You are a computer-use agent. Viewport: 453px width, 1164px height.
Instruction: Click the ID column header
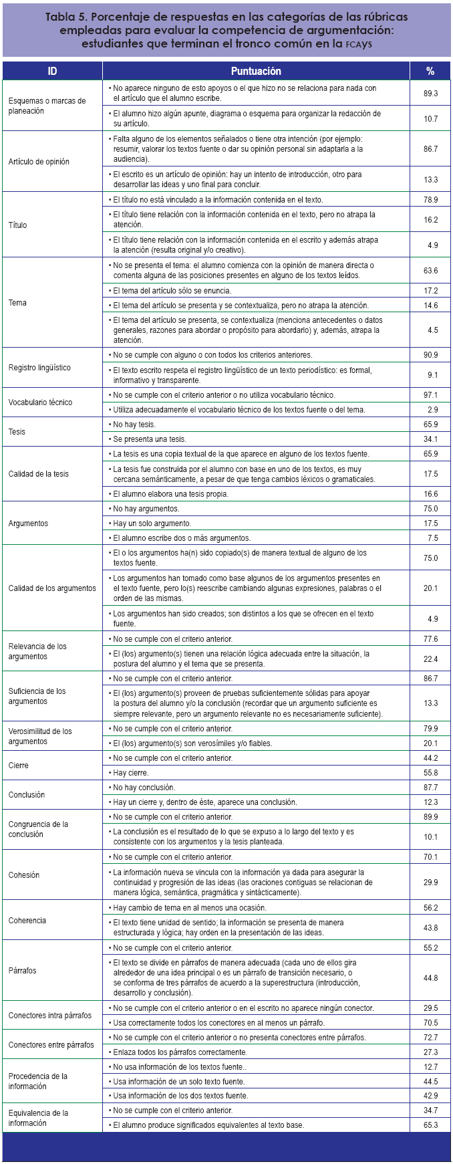pyautogui.click(x=52, y=71)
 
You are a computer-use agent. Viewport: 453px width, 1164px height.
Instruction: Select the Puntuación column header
pyautogui.click(x=256, y=71)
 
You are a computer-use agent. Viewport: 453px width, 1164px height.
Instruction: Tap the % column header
pyautogui.click(x=430, y=71)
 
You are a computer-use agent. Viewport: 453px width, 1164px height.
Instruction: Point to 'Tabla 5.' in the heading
pyautogui.click(x=68, y=17)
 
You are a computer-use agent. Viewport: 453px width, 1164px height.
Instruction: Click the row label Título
pyautogui.click(x=18, y=225)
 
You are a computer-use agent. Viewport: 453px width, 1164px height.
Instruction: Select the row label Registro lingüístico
pyautogui.click(x=39, y=368)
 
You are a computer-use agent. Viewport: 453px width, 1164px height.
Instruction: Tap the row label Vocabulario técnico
pyautogui.click(x=40, y=402)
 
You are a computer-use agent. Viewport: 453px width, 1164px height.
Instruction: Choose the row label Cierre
pyautogui.click(x=19, y=766)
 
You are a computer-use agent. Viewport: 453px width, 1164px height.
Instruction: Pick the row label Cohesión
pyautogui.click(x=24, y=875)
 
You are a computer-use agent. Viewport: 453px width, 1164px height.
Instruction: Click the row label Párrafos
pyautogui.click(x=23, y=970)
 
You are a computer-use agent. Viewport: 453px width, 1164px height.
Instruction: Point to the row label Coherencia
pyautogui.click(x=27, y=921)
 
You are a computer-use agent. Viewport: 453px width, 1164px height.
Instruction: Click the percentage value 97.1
pyautogui.click(x=430, y=395)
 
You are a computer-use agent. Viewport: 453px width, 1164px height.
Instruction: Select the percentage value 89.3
pyautogui.click(x=430, y=94)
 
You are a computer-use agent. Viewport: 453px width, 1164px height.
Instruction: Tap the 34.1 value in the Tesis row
pyautogui.click(x=430, y=439)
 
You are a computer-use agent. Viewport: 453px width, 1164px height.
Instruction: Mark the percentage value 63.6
pyautogui.click(x=430, y=271)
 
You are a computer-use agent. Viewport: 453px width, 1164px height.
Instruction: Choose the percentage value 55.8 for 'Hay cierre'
pyautogui.click(x=430, y=773)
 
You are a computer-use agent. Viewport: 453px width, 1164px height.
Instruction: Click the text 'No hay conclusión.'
pyautogui.click(x=144, y=788)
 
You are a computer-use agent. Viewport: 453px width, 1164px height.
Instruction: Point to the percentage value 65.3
pyautogui.click(x=430, y=1125)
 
